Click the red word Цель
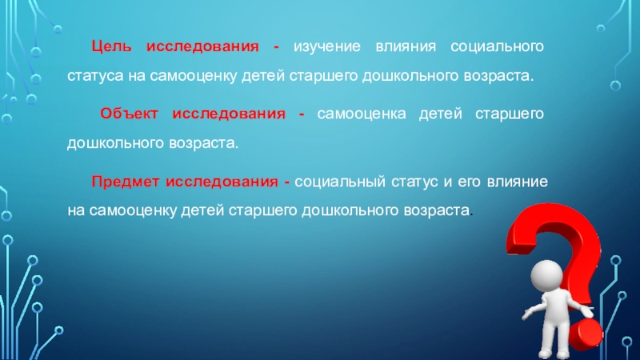point(110,47)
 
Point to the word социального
point(497,47)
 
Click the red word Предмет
point(126,182)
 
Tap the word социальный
point(339,182)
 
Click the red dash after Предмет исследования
point(286,182)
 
